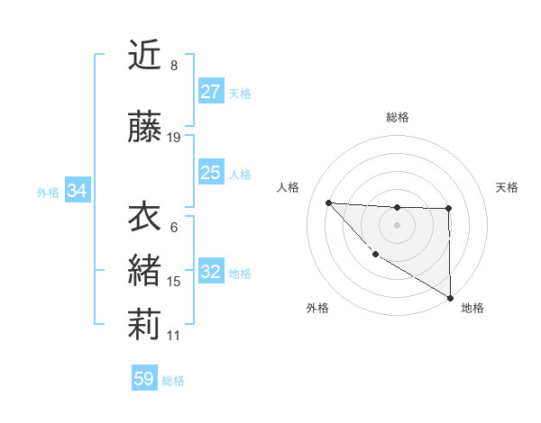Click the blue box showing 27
[211, 92]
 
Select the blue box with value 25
[211, 173]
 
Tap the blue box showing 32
[211, 273]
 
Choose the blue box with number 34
[77, 191]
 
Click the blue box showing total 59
[144, 379]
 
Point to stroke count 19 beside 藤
[174, 138]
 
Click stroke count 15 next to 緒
[174, 282]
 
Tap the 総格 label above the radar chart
[398, 117]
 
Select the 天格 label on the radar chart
[508, 187]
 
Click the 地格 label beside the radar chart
[472, 309]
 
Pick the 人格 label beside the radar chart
[289, 187]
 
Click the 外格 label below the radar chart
[317, 309]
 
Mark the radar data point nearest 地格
[451, 298]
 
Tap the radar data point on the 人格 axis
[328, 202]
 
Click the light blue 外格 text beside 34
[48, 192]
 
